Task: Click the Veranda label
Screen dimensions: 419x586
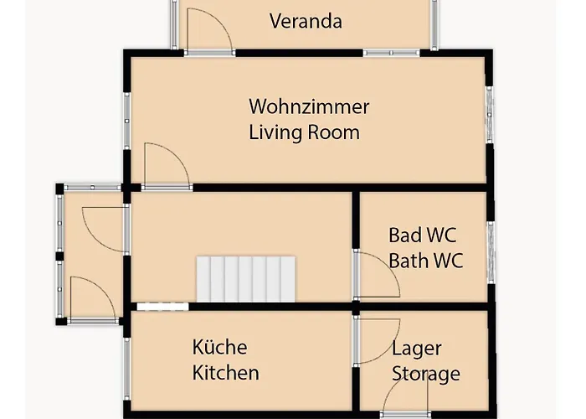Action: pyautogui.click(x=306, y=21)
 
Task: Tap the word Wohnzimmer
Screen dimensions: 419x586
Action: pyautogui.click(x=309, y=107)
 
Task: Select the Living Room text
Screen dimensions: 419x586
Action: pyautogui.click(x=304, y=132)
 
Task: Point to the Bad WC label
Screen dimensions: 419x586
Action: pyautogui.click(x=423, y=235)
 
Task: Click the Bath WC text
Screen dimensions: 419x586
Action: pyautogui.click(x=425, y=260)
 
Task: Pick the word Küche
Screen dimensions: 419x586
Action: pyautogui.click(x=219, y=347)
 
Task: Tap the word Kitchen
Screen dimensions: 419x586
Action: pyautogui.click(x=225, y=373)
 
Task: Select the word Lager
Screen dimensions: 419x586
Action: pyautogui.click(x=416, y=348)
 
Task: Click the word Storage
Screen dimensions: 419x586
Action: pyautogui.click(x=426, y=374)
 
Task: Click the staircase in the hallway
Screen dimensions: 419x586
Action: pyautogui.click(x=247, y=278)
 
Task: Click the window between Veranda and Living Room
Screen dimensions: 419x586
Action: pyautogui.click(x=391, y=53)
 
